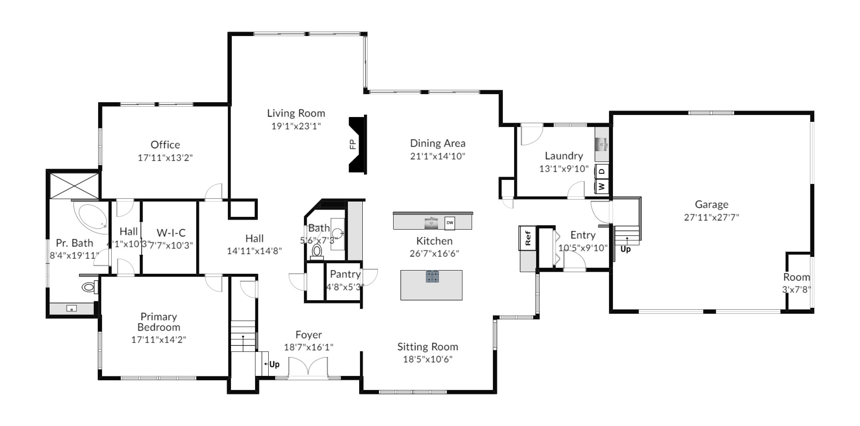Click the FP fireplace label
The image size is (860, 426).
(x=353, y=144)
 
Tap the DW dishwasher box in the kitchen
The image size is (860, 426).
(x=450, y=223)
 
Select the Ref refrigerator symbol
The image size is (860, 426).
(x=528, y=238)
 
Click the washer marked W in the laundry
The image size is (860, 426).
(x=602, y=186)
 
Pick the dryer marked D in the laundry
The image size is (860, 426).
(x=602, y=172)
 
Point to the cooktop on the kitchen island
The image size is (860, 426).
(x=432, y=277)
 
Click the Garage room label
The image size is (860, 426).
(x=711, y=204)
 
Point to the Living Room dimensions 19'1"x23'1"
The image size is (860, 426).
(x=296, y=126)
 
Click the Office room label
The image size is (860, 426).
(x=165, y=145)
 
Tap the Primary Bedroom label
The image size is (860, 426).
(x=159, y=322)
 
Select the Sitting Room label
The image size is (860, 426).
(x=428, y=347)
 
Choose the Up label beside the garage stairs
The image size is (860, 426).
(x=625, y=249)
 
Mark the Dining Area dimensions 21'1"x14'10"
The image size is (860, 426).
(x=438, y=156)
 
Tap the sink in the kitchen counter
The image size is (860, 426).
(x=431, y=223)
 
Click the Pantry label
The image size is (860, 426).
(x=345, y=274)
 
